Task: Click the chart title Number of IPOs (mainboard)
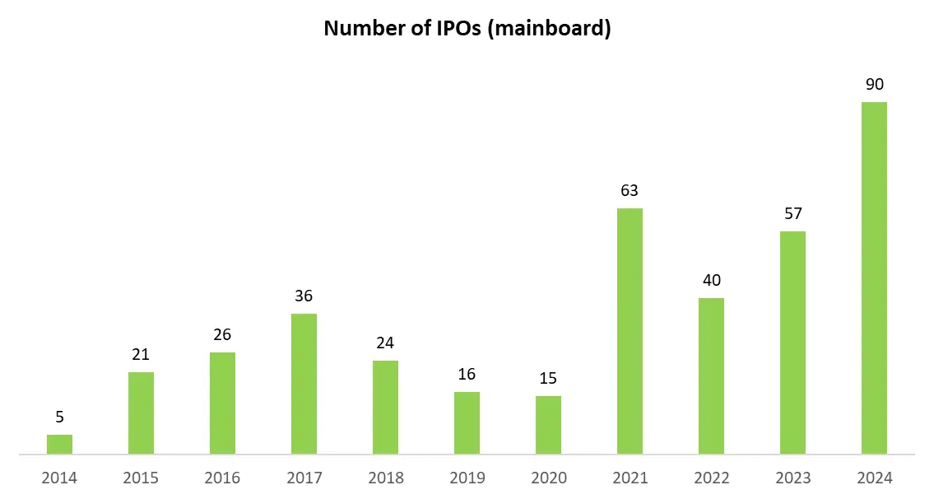pyautogui.click(x=467, y=28)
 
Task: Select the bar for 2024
pyautogui.click(x=873, y=277)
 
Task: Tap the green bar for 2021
pyautogui.click(x=630, y=331)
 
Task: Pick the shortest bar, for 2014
pyautogui.click(x=59, y=445)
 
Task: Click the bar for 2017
pyautogui.click(x=304, y=384)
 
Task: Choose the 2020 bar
pyautogui.click(x=548, y=425)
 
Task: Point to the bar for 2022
pyautogui.click(x=711, y=375)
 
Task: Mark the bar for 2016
pyautogui.click(x=222, y=403)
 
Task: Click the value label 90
pyautogui.click(x=873, y=85)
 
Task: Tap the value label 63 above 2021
pyautogui.click(x=630, y=191)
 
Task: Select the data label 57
pyautogui.click(x=792, y=214)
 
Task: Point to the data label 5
pyautogui.click(x=59, y=417)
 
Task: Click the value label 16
pyautogui.click(x=467, y=375)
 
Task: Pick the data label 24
pyautogui.click(x=385, y=343)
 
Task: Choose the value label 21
pyautogui.click(x=141, y=355)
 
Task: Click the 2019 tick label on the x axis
pyautogui.click(x=467, y=478)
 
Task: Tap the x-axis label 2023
pyautogui.click(x=792, y=478)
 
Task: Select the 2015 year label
pyautogui.click(x=141, y=478)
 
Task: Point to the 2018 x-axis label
pyautogui.click(x=385, y=478)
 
